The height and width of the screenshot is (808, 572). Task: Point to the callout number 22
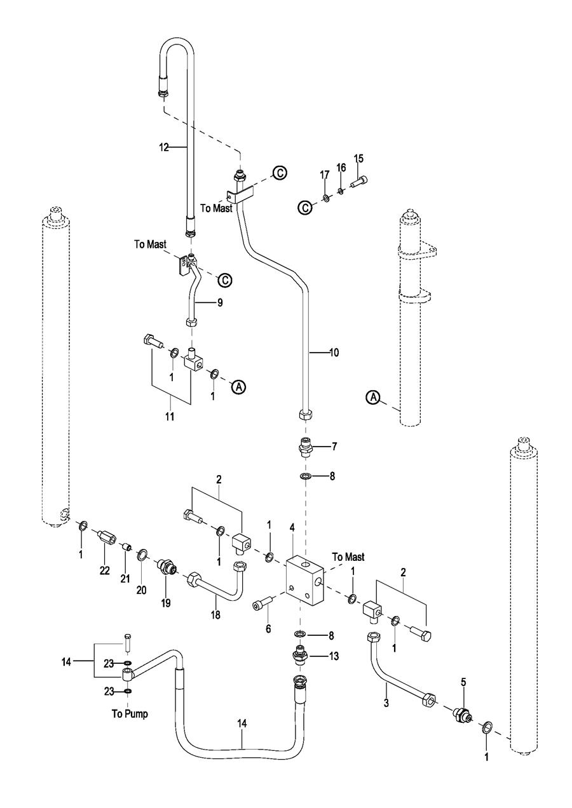tap(105, 570)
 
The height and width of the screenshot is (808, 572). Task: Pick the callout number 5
tap(463, 682)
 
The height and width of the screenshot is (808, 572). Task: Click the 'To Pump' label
tap(127, 714)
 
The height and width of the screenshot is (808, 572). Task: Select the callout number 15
tap(358, 158)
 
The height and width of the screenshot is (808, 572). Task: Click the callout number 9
tap(219, 304)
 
